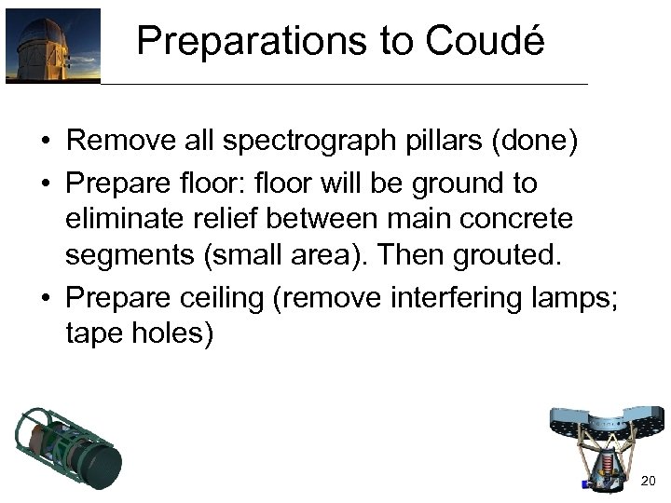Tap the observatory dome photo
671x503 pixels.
pyautogui.click(x=52, y=46)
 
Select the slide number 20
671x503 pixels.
pyautogui.click(x=650, y=481)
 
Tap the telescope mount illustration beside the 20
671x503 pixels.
pyautogui.click(x=605, y=447)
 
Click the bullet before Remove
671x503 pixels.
pyautogui.click(x=45, y=143)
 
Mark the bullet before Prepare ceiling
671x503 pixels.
pyautogui.click(x=45, y=298)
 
